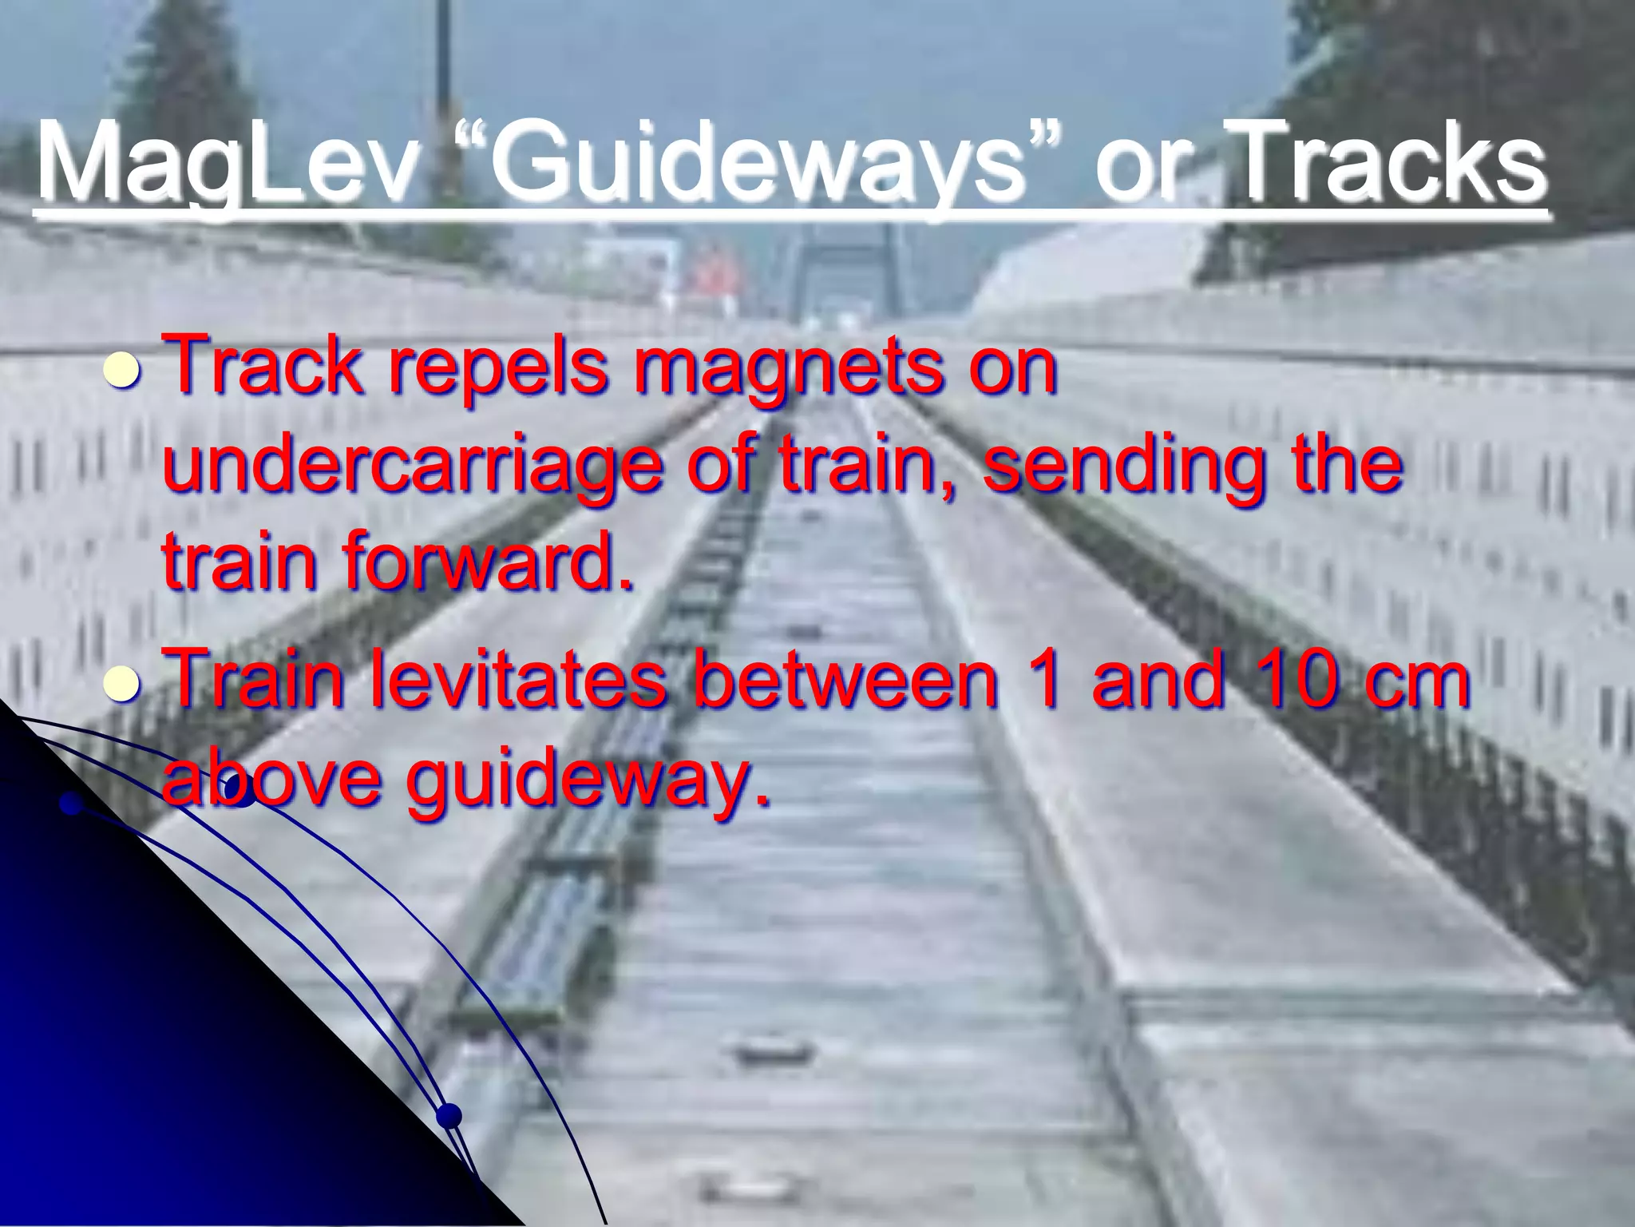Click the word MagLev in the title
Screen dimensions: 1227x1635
[x=228, y=164]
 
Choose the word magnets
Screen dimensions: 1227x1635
[x=790, y=370]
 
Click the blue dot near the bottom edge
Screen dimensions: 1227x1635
[x=449, y=1115]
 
